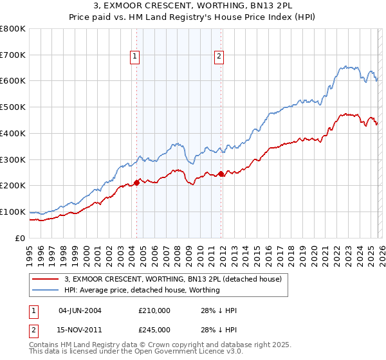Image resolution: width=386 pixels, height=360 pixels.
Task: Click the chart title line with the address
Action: coord(192,6)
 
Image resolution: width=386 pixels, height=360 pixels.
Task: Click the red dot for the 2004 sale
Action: coord(136,183)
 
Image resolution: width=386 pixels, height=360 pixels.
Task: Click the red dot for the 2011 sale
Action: coord(221,174)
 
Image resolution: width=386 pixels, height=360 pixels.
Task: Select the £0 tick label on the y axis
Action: coord(21,238)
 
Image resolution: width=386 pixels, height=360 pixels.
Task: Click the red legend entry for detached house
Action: coord(172,279)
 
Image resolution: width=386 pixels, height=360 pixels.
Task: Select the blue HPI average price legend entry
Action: coord(142,290)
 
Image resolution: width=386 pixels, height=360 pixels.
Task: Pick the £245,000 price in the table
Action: coord(154,330)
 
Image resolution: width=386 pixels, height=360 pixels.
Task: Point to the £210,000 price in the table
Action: coord(154,310)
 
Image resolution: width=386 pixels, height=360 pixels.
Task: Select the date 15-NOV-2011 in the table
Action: coord(79,330)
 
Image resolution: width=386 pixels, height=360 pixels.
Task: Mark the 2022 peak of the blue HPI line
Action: coord(346,66)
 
